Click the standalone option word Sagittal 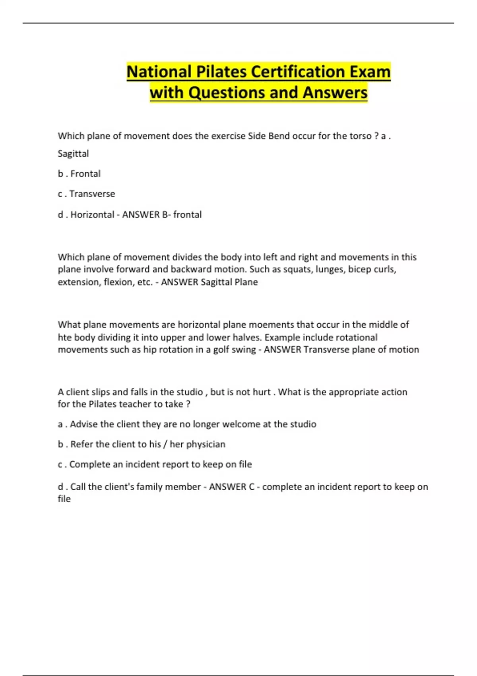(73, 153)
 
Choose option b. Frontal (79, 174)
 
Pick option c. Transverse (86, 194)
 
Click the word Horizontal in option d (92, 215)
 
